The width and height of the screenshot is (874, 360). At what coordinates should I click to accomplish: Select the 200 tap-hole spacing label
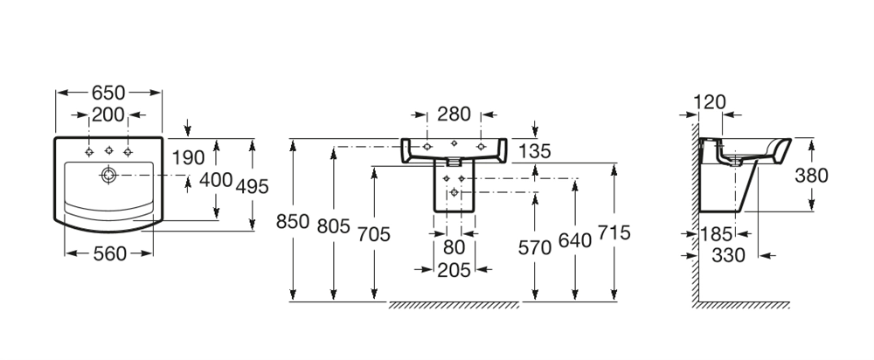pos(109,114)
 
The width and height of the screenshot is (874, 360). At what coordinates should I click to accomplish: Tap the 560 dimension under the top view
pos(109,253)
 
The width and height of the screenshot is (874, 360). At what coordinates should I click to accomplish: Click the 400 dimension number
pos(216,179)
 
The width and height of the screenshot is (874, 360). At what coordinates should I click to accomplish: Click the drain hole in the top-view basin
pos(108,175)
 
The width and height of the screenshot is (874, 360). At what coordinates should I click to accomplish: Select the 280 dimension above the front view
pos(454,114)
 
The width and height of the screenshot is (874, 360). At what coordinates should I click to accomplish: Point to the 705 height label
pos(373,233)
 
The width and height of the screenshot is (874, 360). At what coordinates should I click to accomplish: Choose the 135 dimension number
pos(535,151)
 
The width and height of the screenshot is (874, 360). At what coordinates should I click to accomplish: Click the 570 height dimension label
pos(535,247)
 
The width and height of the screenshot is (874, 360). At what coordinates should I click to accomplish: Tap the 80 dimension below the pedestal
pos(454,248)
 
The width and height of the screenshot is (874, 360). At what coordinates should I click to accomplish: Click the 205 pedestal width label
pos(454,271)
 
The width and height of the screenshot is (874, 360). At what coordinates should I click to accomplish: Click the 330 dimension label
pos(730,255)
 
